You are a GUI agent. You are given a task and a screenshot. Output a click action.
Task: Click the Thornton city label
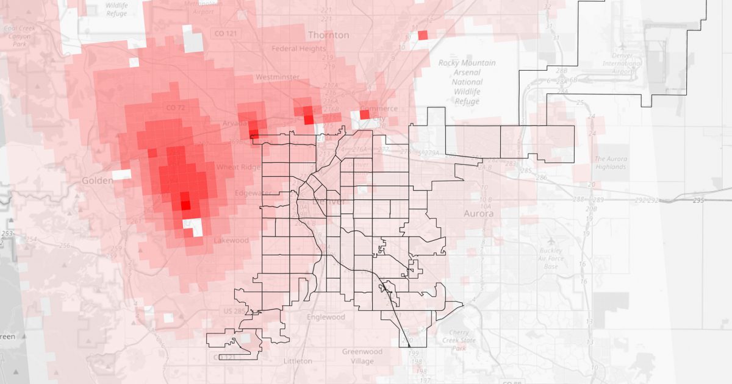(x=328, y=35)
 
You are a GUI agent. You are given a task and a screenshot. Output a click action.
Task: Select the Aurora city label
(x=478, y=215)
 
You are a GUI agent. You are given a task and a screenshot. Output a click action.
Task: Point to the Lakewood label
(x=231, y=240)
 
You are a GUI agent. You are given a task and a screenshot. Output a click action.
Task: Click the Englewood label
(x=326, y=317)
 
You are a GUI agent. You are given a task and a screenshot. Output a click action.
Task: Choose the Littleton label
(x=298, y=361)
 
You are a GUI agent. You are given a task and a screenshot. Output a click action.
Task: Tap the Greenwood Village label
(x=362, y=357)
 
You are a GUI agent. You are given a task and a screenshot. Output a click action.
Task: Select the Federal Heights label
(x=298, y=49)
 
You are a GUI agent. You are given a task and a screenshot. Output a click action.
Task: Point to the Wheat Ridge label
(x=239, y=167)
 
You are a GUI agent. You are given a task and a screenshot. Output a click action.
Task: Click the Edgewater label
(x=253, y=193)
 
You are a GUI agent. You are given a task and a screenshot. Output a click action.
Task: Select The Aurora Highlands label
(x=610, y=163)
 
